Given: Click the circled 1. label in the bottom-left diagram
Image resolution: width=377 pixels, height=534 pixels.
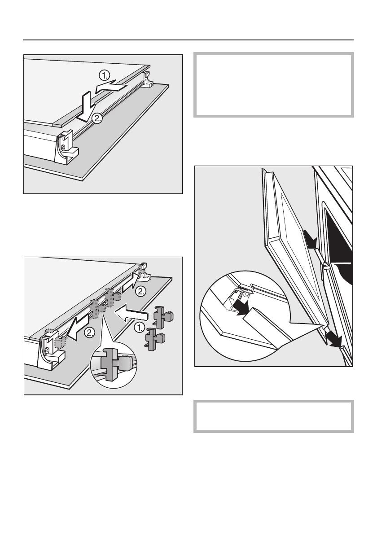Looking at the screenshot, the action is click(x=139, y=328).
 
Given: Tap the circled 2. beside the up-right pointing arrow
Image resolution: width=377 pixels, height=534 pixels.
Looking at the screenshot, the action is click(x=140, y=291).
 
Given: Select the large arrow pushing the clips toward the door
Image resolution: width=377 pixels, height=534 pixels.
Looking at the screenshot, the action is click(x=131, y=313).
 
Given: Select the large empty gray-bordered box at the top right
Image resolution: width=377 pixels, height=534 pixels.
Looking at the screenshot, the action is click(x=273, y=85).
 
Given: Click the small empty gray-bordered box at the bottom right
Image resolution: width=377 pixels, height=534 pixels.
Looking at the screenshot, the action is click(x=273, y=416).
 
